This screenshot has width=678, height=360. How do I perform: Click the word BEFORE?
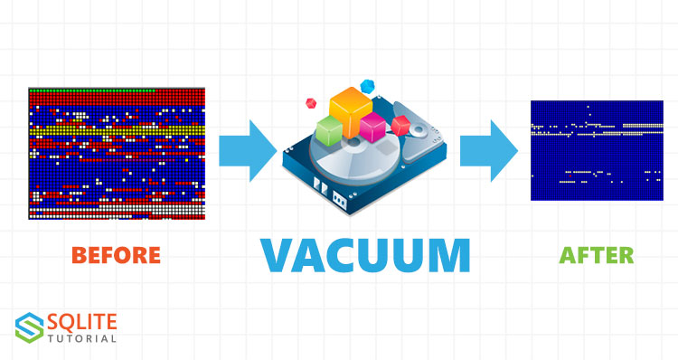coord(116,255)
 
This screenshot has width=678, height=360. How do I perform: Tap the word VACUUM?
coord(365,255)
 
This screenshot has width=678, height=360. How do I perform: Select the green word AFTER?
coord(597,255)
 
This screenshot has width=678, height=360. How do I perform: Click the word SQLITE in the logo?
coord(81,322)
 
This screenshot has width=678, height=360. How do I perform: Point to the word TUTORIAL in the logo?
coord(81,338)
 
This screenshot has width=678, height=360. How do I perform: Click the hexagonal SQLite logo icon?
coord(30,327)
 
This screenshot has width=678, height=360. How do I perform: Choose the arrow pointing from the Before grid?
coord(248,150)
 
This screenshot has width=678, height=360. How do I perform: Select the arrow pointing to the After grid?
coord(488,150)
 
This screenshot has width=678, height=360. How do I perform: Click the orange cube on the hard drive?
coord(351,111)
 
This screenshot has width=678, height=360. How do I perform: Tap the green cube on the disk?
coord(329,130)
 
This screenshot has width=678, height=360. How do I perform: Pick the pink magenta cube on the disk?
coord(372,128)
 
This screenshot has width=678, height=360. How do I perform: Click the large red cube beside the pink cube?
coord(400,126)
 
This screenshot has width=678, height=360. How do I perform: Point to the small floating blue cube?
coord(367,86)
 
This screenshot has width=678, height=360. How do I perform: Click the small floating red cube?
coord(311,103)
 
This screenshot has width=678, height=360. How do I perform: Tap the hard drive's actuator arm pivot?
coord(418,129)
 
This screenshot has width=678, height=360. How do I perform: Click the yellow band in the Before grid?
coord(117,130)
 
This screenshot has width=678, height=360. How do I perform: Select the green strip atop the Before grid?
coord(91,90)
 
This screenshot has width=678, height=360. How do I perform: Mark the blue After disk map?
coord(597,150)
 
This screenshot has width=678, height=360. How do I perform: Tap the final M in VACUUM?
coord(450,255)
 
